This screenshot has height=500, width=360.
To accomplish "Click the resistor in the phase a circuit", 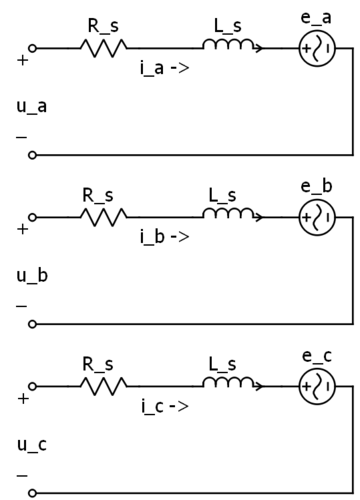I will click(104, 47).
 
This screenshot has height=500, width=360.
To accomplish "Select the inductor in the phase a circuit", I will click(228, 45).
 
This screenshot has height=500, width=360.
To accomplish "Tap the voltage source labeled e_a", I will click(317, 47).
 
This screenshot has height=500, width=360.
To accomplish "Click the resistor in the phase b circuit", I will click(104, 216).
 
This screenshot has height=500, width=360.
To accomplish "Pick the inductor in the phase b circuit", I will click(228, 214).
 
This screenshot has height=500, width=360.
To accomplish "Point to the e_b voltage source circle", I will click(317, 216).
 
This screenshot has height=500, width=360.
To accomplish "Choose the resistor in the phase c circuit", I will click(104, 385).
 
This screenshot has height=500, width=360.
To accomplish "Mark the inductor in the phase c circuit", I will click(228, 383).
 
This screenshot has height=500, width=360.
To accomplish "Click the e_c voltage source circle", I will click(317, 385).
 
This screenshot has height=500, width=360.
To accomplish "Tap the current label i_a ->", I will click(164, 71).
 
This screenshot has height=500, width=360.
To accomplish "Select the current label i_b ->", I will click(164, 240).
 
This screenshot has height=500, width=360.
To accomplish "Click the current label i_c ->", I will click(164, 409).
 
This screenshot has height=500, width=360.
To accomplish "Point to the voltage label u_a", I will click(34, 104).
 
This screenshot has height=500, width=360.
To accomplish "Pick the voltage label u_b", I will click(34, 273).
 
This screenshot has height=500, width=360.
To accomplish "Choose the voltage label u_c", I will click(34, 442).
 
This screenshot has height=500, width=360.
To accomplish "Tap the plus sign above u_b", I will click(23, 229).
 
